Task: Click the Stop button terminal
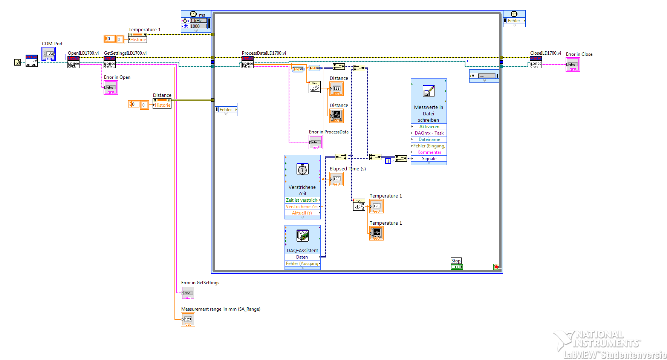tap(456, 267)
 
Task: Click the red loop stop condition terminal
tap(496, 267)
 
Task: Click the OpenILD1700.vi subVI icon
tap(73, 62)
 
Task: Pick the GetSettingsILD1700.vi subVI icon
tap(110, 62)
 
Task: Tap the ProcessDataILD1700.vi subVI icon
tap(248, 62)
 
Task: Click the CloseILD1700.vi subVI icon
tap(536, 62)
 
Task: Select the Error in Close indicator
tap(572, 65)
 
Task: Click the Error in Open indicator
tap(111, 88)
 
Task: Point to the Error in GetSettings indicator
tap(188, 293)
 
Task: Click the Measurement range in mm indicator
tap(188, 320)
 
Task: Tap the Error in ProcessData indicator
tap(316, 142)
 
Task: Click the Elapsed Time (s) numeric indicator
tap(337, 179)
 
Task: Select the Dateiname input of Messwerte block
tap(429, 139)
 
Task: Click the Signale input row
tap(429, 159)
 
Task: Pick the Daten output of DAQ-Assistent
tap(302, 257)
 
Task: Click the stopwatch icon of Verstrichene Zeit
tap(303, 169)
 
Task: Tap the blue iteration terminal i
tap(388, 161)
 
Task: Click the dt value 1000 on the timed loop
tap(198, 26)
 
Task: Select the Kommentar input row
tap(429, 152)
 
